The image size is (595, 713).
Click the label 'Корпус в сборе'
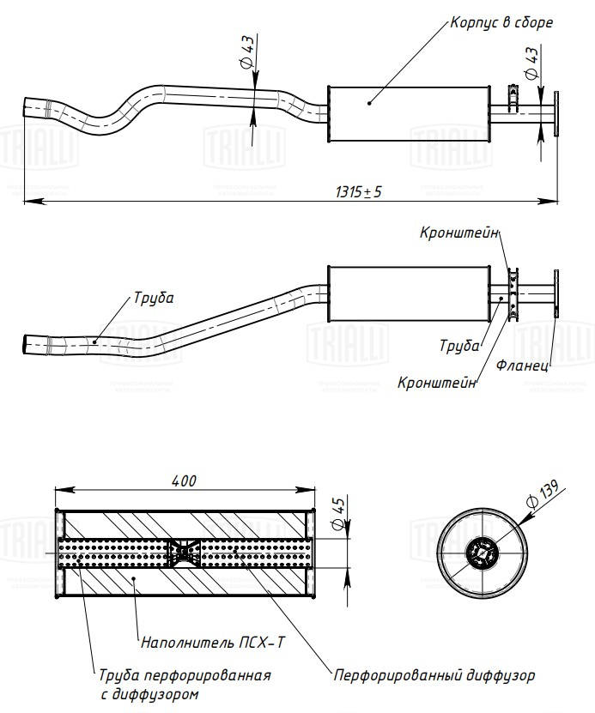pos(501,23)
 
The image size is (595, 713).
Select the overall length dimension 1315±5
pos(358,192)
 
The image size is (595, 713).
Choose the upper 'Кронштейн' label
pos(459,233)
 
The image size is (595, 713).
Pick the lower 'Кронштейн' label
pos(437,382)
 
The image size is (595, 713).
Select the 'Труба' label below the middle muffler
pos(458,346)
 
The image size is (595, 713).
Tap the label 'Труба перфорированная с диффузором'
pos(185,684)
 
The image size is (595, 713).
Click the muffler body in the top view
pos(408,114)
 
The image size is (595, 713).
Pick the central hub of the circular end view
pos(481,553)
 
